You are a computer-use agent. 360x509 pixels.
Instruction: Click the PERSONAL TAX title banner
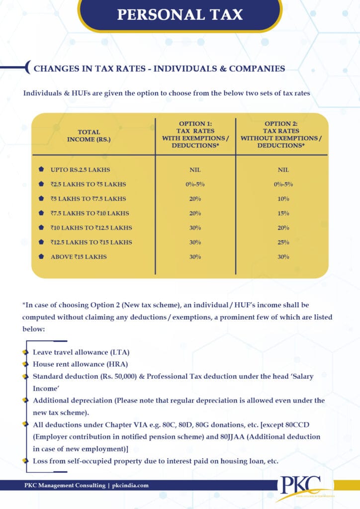click(180, 14)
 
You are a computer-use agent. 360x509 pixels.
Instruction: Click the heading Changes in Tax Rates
click(159, 69)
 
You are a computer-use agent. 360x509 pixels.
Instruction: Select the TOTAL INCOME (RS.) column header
click(89, 136)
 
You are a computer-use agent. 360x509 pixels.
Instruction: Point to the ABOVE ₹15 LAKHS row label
click(79, 257)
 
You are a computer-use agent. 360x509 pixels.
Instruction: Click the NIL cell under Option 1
click(195, 170)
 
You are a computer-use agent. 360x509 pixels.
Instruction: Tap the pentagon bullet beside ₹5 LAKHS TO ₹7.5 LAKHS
click(41, 199)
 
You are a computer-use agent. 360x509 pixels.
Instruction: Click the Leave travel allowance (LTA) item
click(81, 352)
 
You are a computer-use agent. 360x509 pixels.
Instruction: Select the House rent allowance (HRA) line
click(80, 364)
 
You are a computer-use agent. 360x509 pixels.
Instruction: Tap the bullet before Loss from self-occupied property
click(25, 461)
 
